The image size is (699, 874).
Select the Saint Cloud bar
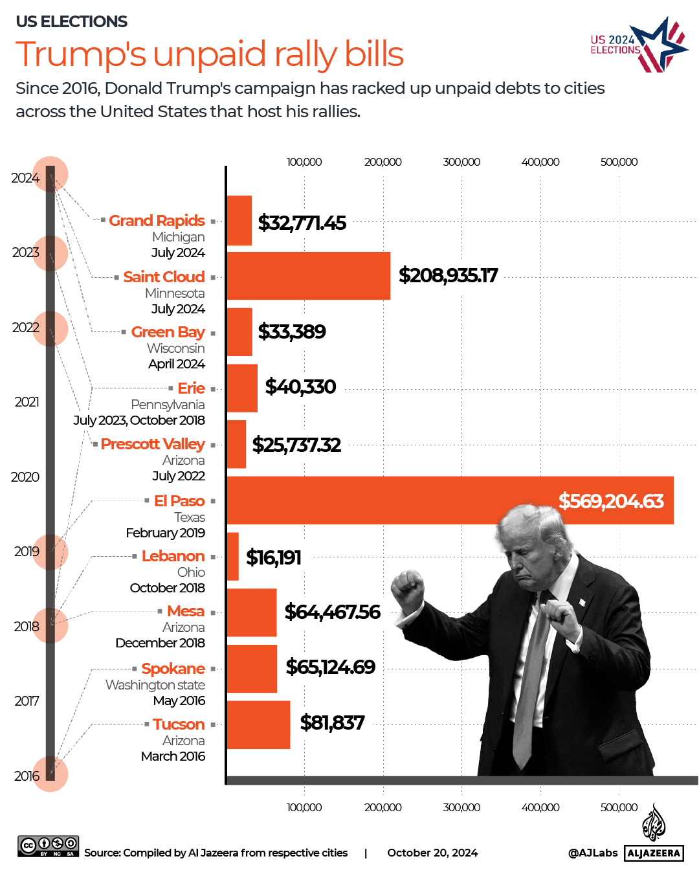click(308, 276)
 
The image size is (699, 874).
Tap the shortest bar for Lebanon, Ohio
click(232, 557)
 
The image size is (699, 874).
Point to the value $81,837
click(332, 723)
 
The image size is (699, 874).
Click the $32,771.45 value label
click(302, 223)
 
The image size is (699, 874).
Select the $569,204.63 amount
click(611, 501)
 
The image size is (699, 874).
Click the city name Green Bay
click(168, 332)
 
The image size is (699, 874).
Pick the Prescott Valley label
click(153, 444)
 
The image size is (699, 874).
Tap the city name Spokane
click(173, 669)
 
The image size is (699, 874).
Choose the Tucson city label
click(179, 724)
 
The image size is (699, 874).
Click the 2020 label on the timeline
click(25, 477)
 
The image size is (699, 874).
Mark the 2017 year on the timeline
click(27, 701)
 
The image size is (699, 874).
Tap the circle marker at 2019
click(50, 552)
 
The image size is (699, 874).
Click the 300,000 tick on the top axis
click(461, 162)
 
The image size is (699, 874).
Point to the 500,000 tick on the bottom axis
click(619, 807)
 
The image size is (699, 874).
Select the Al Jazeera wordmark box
click(654, 853)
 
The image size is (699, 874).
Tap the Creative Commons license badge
click(49, 846)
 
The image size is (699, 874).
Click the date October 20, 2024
click(432, 853)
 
